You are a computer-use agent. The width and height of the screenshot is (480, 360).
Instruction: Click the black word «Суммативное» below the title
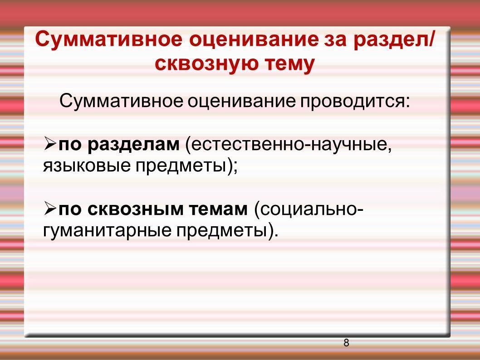[x=121, y=101]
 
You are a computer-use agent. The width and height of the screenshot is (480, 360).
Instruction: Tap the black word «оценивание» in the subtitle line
[x=241, y=102]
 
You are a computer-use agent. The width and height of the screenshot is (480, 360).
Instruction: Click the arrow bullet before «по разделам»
[x=50, y=143]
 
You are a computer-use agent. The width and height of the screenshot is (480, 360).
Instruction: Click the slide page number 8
[x=346, y=343]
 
